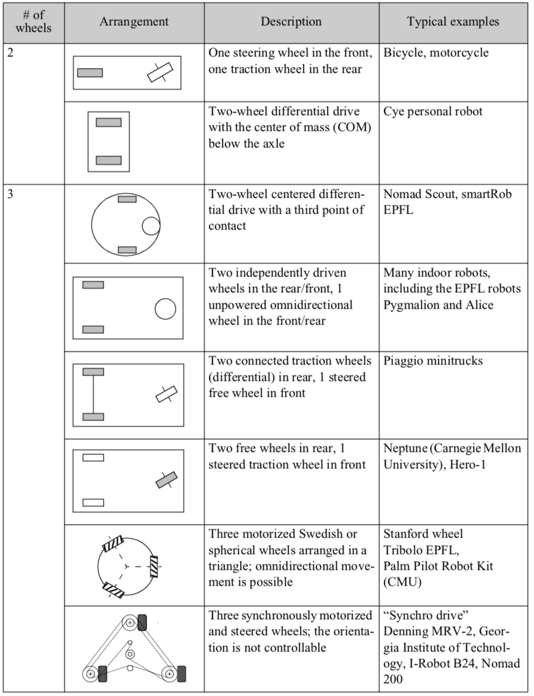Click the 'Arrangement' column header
tap(134, 22)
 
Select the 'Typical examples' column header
tap(453, 22)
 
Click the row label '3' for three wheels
tap(10, 194)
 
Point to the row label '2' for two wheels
tap(10, 53)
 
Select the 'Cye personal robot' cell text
tap(433, 112)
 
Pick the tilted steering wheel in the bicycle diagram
tap(161, 72)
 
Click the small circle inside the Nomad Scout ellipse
tap(151, 225)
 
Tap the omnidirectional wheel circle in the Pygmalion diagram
tap(165, 309)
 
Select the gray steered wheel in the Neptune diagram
tap(166, 479)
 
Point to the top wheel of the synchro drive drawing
tap(142, 623)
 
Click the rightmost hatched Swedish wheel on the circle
tap(154, 566)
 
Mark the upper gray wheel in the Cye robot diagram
tap(109, 123)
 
